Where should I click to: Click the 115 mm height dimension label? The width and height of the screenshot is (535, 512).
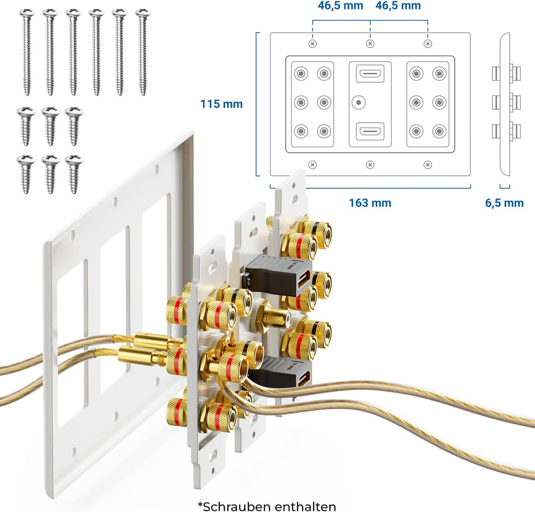pyautogui.click(x=221, y=104)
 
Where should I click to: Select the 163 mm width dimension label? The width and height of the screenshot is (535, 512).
pyautogui.click(x=370, y=203)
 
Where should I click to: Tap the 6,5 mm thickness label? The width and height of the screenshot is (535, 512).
pyautogui.click(x=504, y=203)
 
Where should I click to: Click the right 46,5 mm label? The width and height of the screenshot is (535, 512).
pyautogui.click(x=398, y=6)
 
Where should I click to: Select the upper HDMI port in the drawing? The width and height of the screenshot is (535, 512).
pyautogui.click(x=370, y=74)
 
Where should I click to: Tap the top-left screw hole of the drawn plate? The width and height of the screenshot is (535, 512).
pyautogui.click(x=313, y=44)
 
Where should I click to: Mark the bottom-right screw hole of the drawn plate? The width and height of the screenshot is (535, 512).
pyautogui.click(x=428, y=164)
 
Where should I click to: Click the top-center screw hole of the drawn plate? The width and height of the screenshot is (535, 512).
pyautogui.click(x=370, y=44)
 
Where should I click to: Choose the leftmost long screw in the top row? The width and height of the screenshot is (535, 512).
pyautogui.click(x=26, y=52)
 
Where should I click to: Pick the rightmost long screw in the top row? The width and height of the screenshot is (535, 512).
pyautogui.click(x=143, y=52)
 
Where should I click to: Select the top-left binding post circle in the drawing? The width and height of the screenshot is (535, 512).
pyautogui.click(x=301, y=74)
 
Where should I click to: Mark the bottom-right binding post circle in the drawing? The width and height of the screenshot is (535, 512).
pyautogui.click(x=439, y=132)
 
